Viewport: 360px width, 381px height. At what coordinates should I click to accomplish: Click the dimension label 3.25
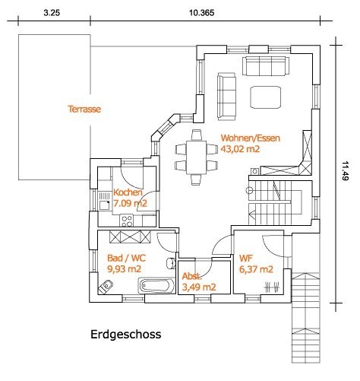point(52,13)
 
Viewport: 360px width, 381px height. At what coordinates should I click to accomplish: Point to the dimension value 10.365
point(202,13)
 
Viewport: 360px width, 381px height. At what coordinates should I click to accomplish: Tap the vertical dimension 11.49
point(345,171)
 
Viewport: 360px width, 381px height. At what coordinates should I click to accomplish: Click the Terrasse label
point(84,109)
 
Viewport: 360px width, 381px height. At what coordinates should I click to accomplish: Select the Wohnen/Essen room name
point(251,138)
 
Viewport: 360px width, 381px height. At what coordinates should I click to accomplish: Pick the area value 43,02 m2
point(240,149)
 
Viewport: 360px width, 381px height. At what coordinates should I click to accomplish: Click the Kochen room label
point(128,192)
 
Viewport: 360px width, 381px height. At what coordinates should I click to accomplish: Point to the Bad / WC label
point(126,258)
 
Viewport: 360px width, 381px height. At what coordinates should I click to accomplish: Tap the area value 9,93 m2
point(124,268)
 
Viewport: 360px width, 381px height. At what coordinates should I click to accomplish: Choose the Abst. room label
point(192,276)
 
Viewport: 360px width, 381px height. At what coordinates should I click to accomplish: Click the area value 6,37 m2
point(256,269)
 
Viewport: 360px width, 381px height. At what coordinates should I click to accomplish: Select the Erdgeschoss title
point(126,335)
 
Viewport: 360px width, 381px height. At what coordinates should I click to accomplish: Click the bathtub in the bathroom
point(156,286)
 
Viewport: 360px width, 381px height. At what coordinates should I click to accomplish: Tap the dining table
point(196,157)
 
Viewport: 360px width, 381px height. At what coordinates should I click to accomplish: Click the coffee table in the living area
point(266,97)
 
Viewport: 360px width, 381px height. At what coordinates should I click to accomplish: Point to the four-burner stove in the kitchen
point(127,221)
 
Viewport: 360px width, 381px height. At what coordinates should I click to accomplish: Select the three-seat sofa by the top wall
point(266,66)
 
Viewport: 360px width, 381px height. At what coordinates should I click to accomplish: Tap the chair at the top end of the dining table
point(197,135)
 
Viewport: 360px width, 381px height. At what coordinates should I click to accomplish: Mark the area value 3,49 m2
point(199,287)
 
